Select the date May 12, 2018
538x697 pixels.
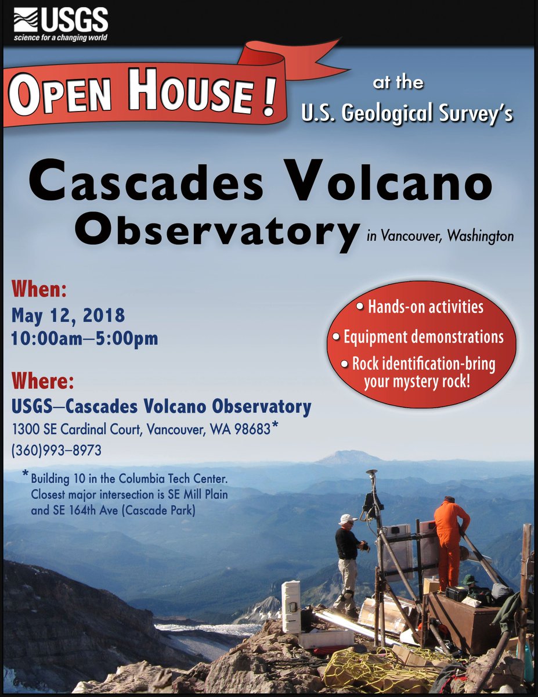point(68,316)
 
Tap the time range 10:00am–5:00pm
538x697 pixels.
point(85,339)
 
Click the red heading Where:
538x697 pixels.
point(44,382)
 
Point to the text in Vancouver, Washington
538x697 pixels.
point(440,236)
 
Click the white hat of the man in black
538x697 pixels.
point(347,519)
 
